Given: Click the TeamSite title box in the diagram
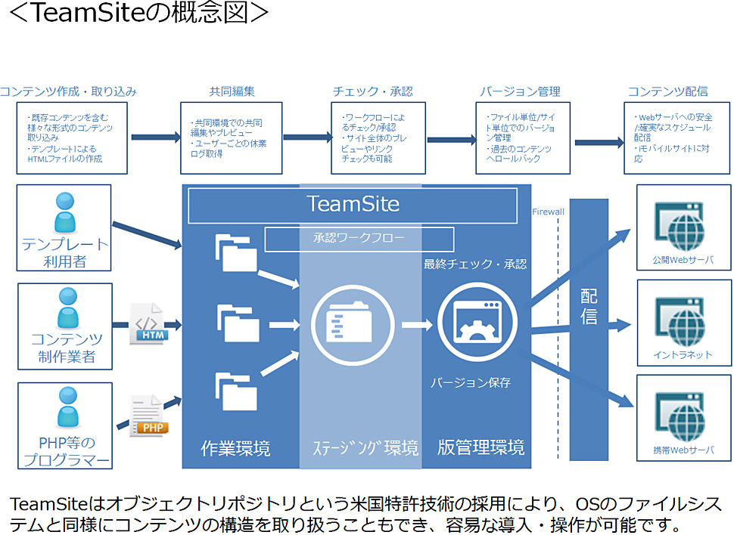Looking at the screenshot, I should click(353, 205).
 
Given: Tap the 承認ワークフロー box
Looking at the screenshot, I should click(359, 239).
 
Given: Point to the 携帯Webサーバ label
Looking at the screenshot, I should click(683, 450).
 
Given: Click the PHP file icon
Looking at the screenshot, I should click(147, 415).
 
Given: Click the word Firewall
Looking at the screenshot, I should click(548, 212).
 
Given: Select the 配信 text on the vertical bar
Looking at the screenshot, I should click(589, 306).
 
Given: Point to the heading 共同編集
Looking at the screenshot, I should click(232, 91).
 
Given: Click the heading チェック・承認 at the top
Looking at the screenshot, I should click(372, 91).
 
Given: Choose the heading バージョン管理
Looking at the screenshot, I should click(520, 91).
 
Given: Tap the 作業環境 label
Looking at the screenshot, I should click(235, 449).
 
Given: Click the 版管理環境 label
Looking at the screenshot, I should click(481, 447).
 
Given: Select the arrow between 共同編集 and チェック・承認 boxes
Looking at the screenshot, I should click(307, 138).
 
